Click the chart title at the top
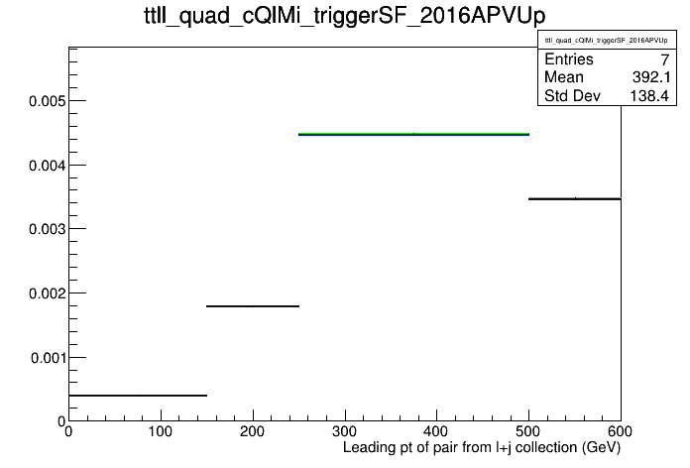(345, 16)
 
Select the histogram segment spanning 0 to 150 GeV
(138, 396)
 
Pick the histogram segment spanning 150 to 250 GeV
(253, 306)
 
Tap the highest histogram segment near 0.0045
(413, 134)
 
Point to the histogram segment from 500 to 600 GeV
(575, 198)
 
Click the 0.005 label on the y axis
(47, 101)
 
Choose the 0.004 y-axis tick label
(47, 166)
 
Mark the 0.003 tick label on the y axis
(47, 229)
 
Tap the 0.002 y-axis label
(47, 293)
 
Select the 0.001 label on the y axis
(48, 358)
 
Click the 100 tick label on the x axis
(161, 431)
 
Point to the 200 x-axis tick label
(252, 431)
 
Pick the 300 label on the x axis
(345, 431)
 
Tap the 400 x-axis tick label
(436, 431)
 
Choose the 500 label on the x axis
(528, 431)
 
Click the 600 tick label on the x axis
(620, 431)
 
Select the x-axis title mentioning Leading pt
(482, 448)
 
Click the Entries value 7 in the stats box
(665, 59)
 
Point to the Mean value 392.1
(651, 77)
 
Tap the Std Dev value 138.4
(649, 95)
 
